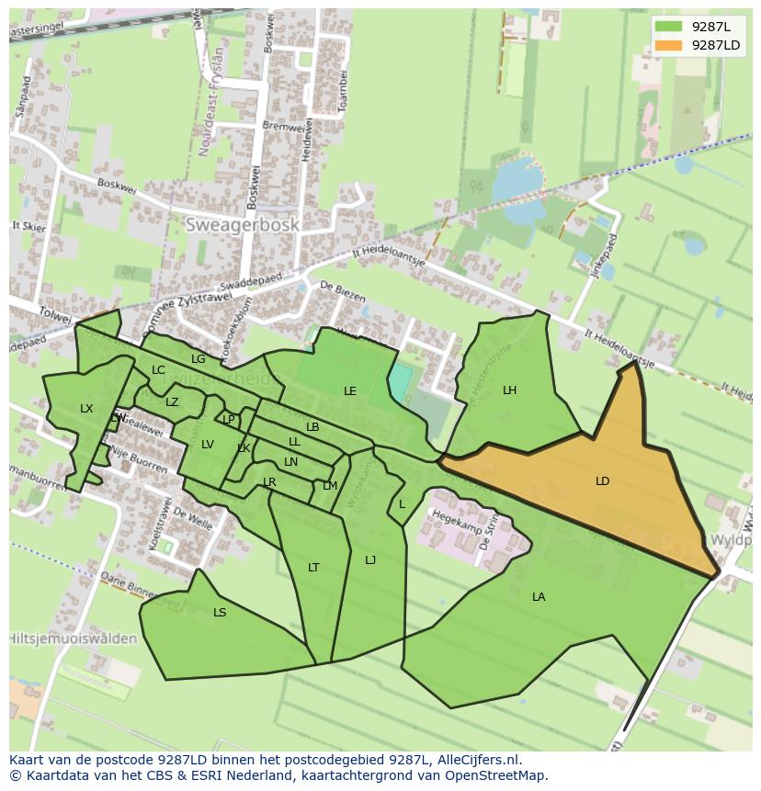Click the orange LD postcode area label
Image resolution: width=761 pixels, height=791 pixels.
coord(602,481)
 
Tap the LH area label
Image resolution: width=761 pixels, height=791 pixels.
coord(509,390)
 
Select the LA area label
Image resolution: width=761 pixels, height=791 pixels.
coord(539,597)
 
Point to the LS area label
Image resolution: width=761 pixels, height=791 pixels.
coord(220,613)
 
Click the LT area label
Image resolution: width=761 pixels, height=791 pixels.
coord(313,568)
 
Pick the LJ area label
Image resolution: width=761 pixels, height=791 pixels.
coord(370,560)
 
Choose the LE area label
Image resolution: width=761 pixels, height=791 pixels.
coord(350,391)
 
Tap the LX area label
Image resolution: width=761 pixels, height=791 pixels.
coord(86,409)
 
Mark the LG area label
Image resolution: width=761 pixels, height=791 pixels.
coord(198,359)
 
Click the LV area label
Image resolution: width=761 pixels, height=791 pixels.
coord(208,445)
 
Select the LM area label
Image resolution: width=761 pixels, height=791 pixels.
coord(330,486)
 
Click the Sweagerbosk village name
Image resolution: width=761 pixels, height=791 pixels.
coord(242,225)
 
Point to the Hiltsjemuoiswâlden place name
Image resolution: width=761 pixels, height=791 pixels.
coord(74,638)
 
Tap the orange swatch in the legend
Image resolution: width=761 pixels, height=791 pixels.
coord(669,45)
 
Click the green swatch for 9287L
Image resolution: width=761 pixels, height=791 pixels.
coord(669,27)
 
